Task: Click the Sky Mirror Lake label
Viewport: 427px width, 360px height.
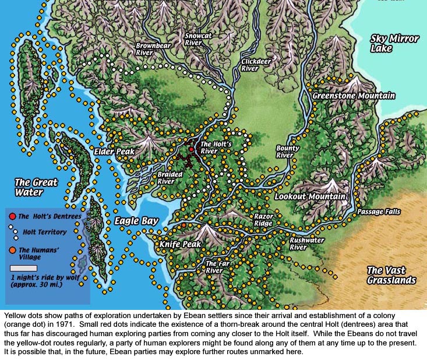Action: point(394,44)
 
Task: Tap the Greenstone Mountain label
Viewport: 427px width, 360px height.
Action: point(354,96)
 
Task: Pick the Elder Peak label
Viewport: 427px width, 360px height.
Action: point(114,151)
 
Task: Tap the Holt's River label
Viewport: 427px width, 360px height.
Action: point(217,147)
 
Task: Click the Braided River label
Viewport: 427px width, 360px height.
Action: point(170,178)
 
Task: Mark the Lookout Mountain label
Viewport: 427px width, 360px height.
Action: point(310,197)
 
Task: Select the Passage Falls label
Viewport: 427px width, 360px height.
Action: point(379,211)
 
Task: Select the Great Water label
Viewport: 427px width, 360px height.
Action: point(36,188)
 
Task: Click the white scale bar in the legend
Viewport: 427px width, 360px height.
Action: point(24,268)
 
